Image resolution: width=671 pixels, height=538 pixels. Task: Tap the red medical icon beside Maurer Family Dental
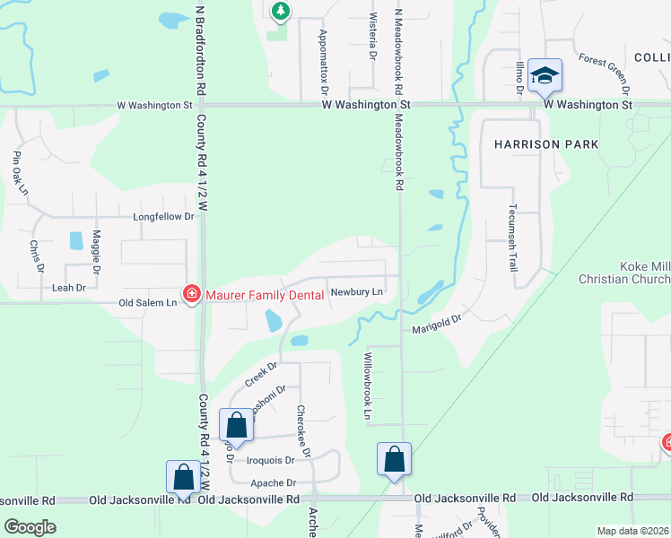(x=191, y=294)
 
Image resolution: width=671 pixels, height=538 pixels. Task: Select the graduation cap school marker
(x=545, y=76)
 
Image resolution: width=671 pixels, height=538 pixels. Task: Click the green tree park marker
(x=281, y=11)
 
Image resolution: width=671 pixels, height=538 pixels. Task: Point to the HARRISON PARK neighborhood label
(x=545, y=144)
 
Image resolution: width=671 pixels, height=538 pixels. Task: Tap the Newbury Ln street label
(x=356, y=291)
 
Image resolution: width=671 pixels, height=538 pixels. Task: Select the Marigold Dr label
(x=436, y=324)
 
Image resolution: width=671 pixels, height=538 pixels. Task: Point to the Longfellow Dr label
(x=163, y=217)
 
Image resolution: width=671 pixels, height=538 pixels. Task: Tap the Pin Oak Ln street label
(x=20, y=173)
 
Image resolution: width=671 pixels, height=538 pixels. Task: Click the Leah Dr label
(x=69, y=288)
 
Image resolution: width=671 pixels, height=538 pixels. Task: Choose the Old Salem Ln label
(x=147, y=303)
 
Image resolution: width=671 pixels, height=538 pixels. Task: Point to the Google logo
(x=30, y=526)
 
